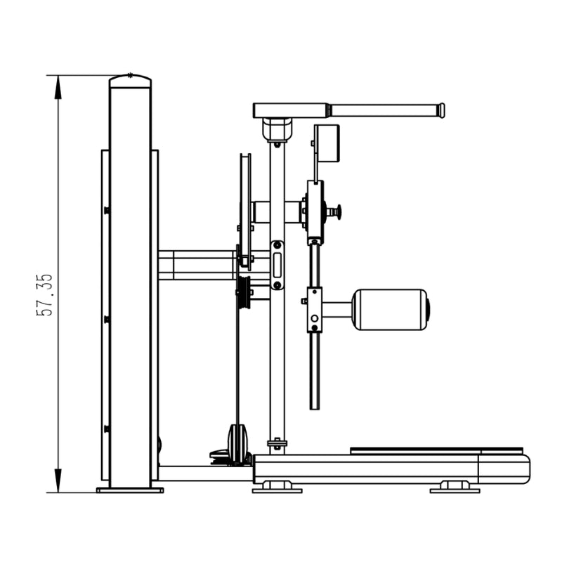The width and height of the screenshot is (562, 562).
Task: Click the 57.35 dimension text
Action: pyautogui.click(x=44, y=295)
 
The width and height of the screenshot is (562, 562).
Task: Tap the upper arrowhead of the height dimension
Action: pyautogui.click(x=58, y=87)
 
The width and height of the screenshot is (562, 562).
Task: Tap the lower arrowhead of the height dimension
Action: pyautogui.click(x=58, y=481)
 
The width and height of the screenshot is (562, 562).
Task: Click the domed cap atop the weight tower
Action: pyautogui.click(x=130, y=81)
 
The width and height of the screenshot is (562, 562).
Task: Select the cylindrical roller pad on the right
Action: pyautogui.click(x=391, y=309)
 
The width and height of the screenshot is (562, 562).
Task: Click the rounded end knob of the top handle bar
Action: pyautogui.click(x=442, y=110)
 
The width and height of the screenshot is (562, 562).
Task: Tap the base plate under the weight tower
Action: pyautogui.click(x=130, y=490)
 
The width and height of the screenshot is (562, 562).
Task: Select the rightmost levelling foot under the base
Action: pyautogui.click(x=455, y=488)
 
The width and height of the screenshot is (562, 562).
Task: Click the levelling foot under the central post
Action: pyautogui.click(x=277, y=488)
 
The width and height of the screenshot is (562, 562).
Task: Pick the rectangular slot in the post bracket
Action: pyautogui.click(x=277, y=266)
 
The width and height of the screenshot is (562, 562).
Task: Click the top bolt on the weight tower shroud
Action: pyautogui.click(x=106, y=210)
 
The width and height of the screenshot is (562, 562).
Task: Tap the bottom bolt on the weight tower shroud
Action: pyautogui.click(x=106, y=429)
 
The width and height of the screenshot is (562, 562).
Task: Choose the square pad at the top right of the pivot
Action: pyautogui.click(x=327, y=143)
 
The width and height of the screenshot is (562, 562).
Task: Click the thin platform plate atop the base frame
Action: pyautogui.click(x=436, y=450)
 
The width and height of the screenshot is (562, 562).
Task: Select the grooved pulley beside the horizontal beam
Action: pyautogui.click(x=244, y=292)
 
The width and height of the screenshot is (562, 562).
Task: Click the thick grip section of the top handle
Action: pyautogui.click(x=291, y=110)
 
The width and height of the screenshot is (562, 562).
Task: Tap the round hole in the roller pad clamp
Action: pyautogui.click(x=314, y=318)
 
